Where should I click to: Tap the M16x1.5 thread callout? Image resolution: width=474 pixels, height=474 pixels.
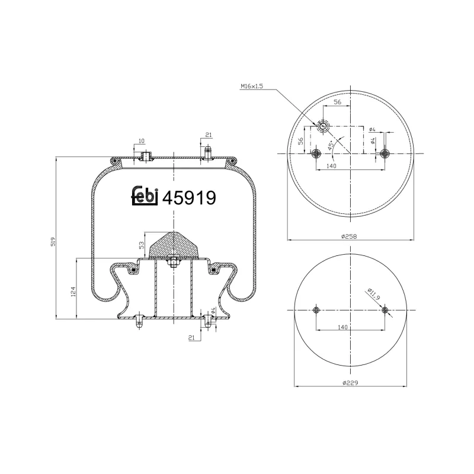coord(252,87)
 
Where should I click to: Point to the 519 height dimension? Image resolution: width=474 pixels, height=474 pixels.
coord(53,242)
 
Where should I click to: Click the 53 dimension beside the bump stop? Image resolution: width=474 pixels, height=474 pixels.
coord(142,245)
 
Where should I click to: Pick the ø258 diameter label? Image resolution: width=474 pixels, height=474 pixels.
coord(350,236)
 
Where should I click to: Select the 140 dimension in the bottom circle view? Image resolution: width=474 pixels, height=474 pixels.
coord(342,327)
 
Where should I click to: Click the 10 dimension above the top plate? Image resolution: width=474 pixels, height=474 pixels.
coord(141,141)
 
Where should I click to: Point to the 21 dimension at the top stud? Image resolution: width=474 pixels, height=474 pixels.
coord(208,135)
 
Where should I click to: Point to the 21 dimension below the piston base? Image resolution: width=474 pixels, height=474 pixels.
coord(191,338)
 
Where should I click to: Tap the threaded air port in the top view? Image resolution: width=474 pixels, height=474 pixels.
coord(324,126)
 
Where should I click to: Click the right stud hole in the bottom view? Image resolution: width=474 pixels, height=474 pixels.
coord(385,310)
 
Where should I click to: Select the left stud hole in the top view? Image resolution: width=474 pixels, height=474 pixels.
coord(315,153)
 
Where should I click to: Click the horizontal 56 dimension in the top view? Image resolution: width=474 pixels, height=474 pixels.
coord(337,102)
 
